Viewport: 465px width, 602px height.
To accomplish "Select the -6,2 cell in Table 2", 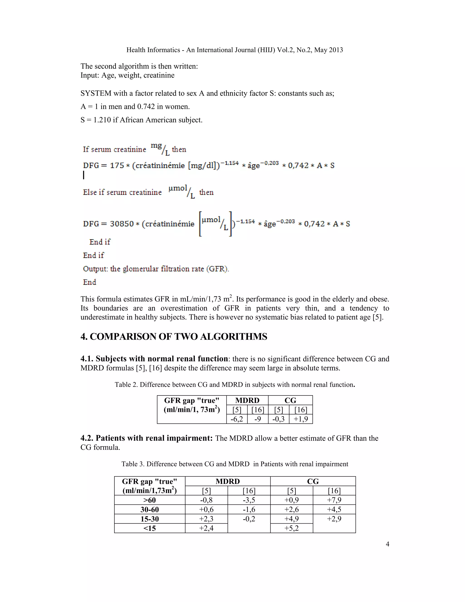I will tap(237, 419).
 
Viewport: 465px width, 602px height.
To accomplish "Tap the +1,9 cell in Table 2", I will tap(301, 419).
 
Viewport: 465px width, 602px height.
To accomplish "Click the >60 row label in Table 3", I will tap(150, 500).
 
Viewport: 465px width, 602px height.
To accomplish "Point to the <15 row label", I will tap(150, 528).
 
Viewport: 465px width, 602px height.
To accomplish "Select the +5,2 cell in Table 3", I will tap(292, 528).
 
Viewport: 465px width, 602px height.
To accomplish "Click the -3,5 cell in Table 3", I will tap(249, 500).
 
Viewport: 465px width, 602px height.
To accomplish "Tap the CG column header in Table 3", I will tap(313, 482).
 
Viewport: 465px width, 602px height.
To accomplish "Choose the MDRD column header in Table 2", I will tap(247, 401).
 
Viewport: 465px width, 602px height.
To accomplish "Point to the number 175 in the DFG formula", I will tap(117, 165).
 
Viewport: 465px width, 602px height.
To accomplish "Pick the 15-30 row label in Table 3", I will tap(150, 519).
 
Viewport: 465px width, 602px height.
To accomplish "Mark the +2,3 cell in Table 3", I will tap(206, 519).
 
